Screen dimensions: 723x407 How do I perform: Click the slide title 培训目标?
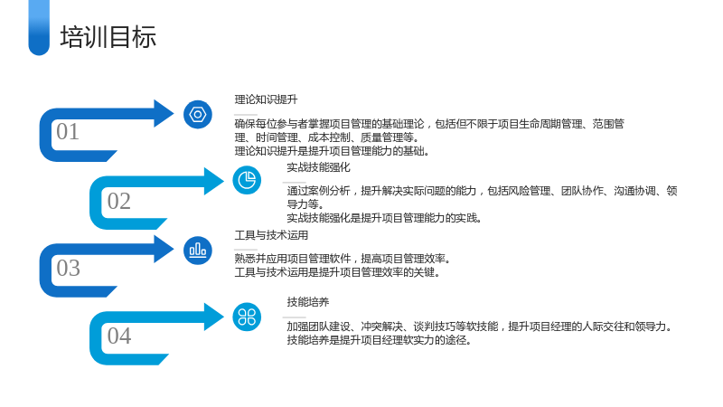(108, 37)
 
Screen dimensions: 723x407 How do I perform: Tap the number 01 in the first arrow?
(68, 131)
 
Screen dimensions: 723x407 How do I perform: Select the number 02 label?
(119, 201)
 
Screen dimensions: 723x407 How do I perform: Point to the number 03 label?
(69, 268)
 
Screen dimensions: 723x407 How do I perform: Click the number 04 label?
(119, 336)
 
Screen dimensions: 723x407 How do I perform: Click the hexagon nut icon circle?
(198, 115)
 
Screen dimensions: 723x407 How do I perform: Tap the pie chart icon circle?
(247, 180)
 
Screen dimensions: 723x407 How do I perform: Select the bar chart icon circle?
(198, 251)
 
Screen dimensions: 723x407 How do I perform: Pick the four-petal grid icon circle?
(247, 317)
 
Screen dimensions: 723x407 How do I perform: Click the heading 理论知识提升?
(266, 99)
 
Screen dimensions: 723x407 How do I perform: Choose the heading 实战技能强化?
(319, 167)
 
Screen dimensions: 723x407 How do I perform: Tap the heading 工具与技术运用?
(271, 235)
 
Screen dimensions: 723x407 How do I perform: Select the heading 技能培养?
(308, 302)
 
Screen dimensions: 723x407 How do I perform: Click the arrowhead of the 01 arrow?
(164, 113)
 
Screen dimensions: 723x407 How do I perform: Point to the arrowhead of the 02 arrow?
(214, 181)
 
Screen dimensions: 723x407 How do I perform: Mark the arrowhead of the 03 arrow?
(164, 250)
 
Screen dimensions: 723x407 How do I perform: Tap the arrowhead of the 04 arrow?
(214, 317)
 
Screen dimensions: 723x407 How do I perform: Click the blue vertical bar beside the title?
(39, 28)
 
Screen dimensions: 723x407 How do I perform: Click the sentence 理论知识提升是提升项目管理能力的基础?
(332, 151)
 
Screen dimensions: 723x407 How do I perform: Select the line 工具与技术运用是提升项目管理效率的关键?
(337, 272)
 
